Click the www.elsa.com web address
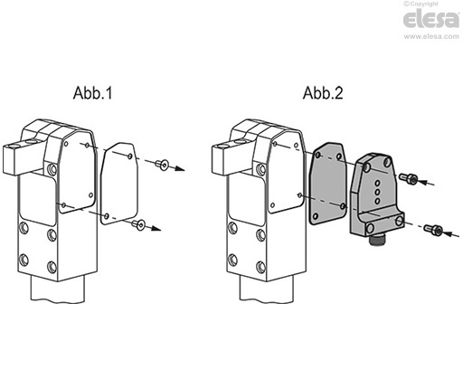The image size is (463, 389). [429, 39]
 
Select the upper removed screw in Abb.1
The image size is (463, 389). [163, 164]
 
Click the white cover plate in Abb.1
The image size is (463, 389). [118, 185]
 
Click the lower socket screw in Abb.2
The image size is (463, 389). [436, 232]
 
